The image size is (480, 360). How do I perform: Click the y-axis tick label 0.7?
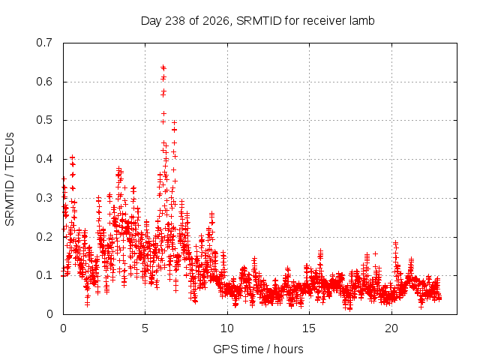pos(44,43)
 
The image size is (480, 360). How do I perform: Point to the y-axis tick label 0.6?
pos(44,82)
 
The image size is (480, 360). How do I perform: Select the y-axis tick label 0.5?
pos(44,120)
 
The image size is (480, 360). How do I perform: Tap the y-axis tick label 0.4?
pos(44,159)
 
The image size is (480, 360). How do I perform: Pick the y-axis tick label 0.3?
pos(44,198)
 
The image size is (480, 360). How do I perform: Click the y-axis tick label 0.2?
pos(44,237)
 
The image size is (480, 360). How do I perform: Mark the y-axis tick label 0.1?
pos(44,275)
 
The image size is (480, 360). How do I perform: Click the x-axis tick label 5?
pos(145,328)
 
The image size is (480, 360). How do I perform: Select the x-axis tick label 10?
pos(227,328)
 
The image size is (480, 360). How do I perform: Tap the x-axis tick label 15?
pos(309,328)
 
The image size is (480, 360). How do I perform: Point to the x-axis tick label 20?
pos(391,328)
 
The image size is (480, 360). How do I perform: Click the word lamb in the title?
pos(363,21)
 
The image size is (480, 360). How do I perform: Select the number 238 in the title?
pos(175,21)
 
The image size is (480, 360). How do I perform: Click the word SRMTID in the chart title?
pos(259,21)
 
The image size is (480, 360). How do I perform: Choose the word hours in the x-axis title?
pos(288,349)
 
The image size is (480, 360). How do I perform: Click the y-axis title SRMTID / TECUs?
pos(10,179)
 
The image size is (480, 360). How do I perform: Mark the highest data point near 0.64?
pos(163,67)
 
